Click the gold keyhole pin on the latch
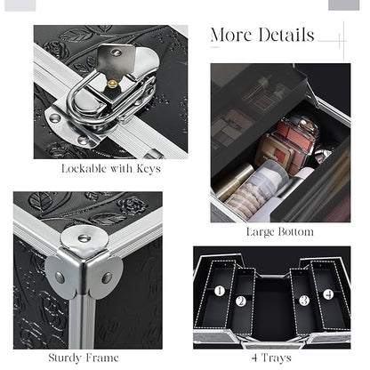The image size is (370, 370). click(x=112, y=84)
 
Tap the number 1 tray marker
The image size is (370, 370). click(x=220, y=291)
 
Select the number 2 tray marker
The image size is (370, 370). click(x=241, y=301)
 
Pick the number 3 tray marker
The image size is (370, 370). click(x=304, y=301)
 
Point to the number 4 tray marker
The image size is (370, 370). click(x=328, y=294)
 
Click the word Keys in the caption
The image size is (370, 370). click(x=149, y=169)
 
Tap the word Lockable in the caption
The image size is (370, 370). click(x=84, y=168)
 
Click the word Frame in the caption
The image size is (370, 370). click(x=101, y=358)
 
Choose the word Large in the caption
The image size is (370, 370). click(x=261, y=232)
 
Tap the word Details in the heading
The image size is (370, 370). click(x=286, y=35)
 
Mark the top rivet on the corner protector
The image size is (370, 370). click(x=84, y=238)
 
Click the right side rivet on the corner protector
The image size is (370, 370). click(x=107, y=277)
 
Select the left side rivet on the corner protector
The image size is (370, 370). click(x=60, y=277)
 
